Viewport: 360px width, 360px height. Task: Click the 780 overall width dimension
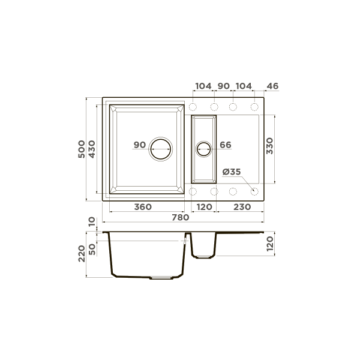tap(180, 218)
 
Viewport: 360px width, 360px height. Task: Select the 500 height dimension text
tap(82, 149)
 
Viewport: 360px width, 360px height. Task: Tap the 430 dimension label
tap(92, 149)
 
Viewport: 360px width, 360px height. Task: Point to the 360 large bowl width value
tap(142, 207)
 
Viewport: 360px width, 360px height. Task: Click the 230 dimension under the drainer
tap(241, 207)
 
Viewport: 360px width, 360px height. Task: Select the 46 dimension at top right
tap(272, 86)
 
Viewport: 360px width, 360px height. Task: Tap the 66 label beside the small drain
tap(226, 145)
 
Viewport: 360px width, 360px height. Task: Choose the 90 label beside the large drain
tap(139, 145)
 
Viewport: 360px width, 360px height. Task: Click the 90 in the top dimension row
tap(223, 86)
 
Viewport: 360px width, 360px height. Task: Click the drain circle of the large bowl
tap(161, 148)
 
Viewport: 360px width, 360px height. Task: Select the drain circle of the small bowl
tap(204, 148)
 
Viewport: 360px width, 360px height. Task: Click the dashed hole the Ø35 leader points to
tap(254, 191)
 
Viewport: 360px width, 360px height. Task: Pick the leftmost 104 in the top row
tap(203, 86)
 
